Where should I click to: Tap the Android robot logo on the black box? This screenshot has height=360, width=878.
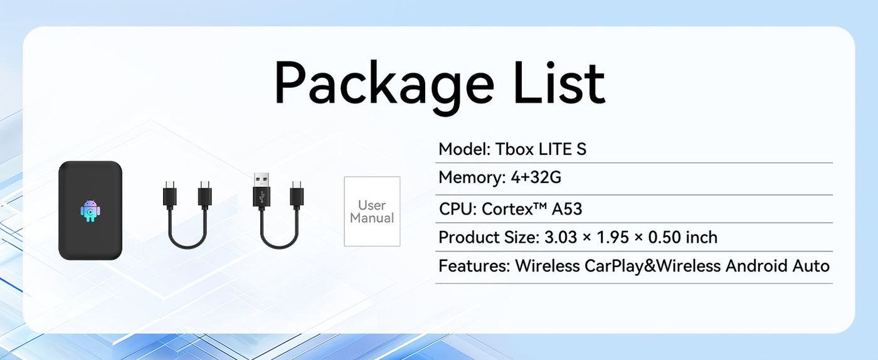click(90, 211)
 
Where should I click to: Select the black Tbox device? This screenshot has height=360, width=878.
click(90, 210)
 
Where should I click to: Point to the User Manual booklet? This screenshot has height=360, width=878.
click(372, 211)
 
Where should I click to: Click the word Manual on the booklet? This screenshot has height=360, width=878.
click(372, 218)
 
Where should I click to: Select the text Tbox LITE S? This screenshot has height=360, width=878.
click(541, 149)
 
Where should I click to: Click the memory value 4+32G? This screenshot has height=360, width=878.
click(536, 177)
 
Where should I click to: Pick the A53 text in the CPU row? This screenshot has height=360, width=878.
click(567, 209)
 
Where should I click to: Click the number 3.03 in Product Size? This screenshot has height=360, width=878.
click(561, 237)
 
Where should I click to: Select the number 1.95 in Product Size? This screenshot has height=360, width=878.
click(613, 237)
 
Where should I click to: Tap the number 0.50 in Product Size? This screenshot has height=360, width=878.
click(665, 237)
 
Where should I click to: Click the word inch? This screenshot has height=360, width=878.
click(702, 237)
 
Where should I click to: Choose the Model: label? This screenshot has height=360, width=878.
click(465, 149)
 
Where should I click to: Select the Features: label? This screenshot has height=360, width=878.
click(474, 266)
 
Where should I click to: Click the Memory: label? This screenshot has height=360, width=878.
click(472, 177)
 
